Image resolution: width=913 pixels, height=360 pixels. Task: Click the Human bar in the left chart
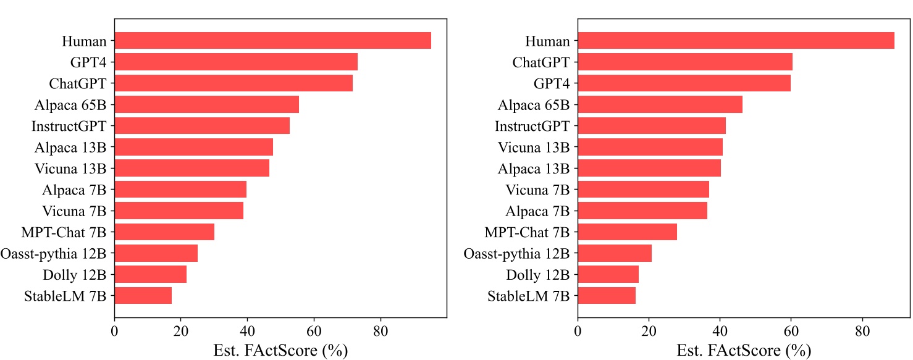pos(272,41)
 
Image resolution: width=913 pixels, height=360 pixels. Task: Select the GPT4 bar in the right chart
pos(684,83)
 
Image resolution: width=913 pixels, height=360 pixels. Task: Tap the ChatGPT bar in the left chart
pos(234,83)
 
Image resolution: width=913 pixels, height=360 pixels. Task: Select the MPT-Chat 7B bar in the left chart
pos(164,232)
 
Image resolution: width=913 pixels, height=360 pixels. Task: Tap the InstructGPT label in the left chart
pos(69,126)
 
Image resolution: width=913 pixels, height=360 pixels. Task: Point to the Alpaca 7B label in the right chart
pos(537,211)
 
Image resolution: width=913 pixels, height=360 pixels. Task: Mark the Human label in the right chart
pos(547,41)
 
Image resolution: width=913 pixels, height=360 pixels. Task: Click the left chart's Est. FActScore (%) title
pos(280,350)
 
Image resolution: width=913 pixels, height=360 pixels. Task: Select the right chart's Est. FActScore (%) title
pos(743,350)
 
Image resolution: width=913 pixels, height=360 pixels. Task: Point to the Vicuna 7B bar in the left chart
pos(179,211)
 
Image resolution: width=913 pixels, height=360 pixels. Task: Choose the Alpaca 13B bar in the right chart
pos(649,168)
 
